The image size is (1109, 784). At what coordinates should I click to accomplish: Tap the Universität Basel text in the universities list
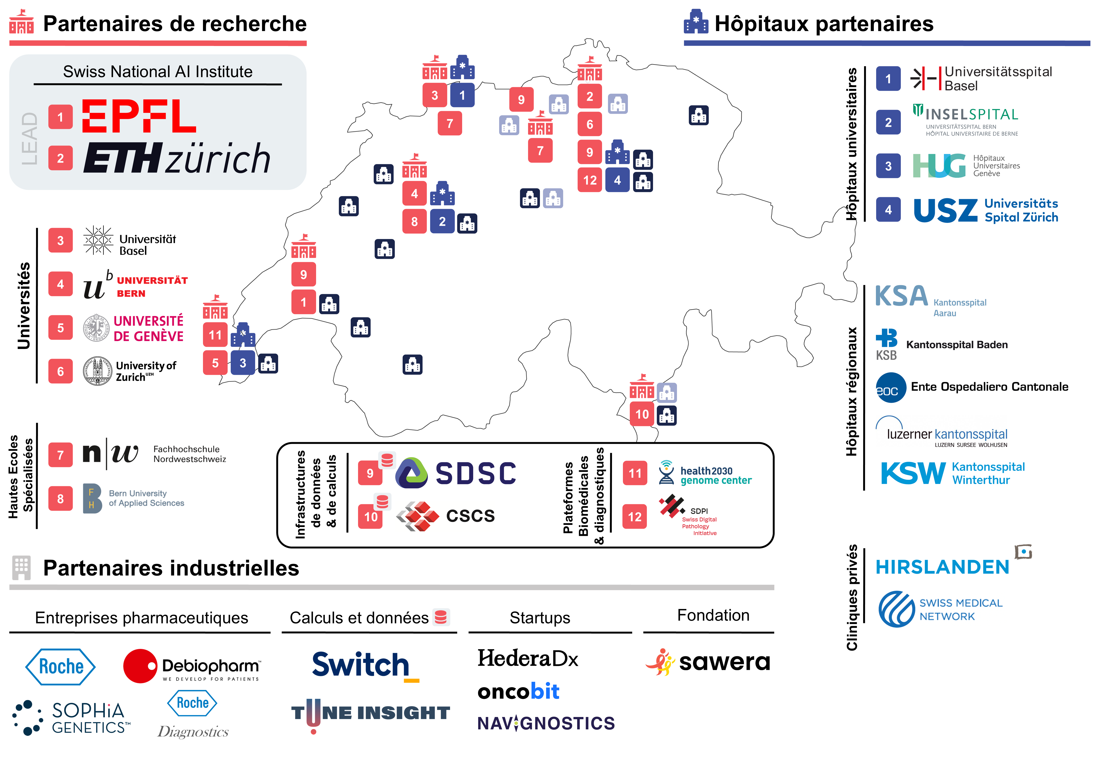[x=147, y=245]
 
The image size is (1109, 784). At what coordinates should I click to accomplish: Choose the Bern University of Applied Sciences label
[x=146, y=498]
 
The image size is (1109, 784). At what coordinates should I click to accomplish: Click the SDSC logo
[x=456, y=473]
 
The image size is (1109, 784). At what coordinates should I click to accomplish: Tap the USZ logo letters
[x=945, y=211]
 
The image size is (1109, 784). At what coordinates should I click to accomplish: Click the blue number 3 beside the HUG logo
[x=888, y=166]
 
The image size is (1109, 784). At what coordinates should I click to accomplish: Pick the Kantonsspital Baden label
[x=956, y=344]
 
